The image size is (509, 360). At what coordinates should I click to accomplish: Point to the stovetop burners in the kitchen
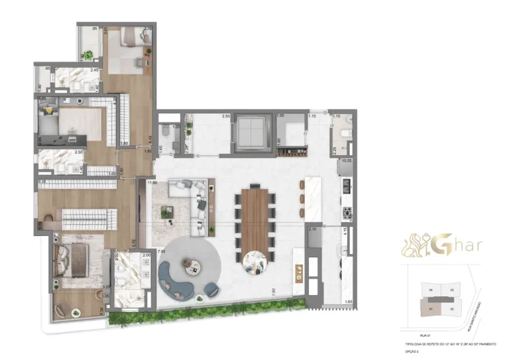pos(347,212)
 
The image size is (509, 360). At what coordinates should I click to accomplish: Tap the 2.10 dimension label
pos(313,229)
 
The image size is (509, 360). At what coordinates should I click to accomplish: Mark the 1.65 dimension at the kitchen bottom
pos(348,302)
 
